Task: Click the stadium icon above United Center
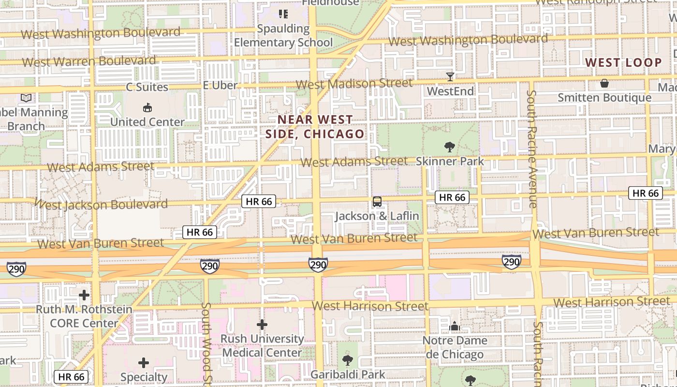pyautogui.click(x=147, y=107)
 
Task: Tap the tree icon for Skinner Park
pyautogui.click(x=449, y=147)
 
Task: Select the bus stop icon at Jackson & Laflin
pyautogui.click(x=377, y=202)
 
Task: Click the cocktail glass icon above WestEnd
pyautogui.click(x=450, y=76)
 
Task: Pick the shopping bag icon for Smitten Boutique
pyautogui.click(x=604, y=83)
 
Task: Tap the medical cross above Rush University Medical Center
pyautogui.click(x=262, y=324)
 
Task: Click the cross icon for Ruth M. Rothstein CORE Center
pyautogui.click(x=84, y=295)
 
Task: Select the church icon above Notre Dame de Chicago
pyautogui.click(x=454, y=327)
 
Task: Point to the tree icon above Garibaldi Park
pyautogui.click(x=347, y=360)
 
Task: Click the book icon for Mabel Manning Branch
pyautogui.click(x=26, y=98)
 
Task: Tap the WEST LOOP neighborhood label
pyautogui.click(x=623, y=62)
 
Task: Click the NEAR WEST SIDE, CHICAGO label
pyautogui.click(x=315, y=127)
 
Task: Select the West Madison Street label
pyautogui.click(x=354, y=84)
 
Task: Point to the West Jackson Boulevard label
pyautogui.click(x=102, y=205)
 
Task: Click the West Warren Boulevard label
pyautogui.click(x=89, y=61)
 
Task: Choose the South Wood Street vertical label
pyautogui.click(x=206, y=343)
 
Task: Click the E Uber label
pyautogui.click(x=220, y=86)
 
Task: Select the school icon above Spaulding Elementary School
pyautogui.click(x=283, y=14)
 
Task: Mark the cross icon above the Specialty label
pyautogui.click(x=144, y=362)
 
